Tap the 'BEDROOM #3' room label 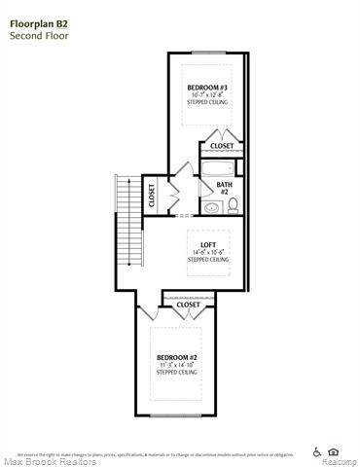point(207,88)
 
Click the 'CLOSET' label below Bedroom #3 point(222,147)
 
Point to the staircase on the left point(126,229)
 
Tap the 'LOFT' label point(207,244)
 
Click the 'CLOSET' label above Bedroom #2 point(188,305)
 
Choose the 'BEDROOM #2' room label point(177,358)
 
